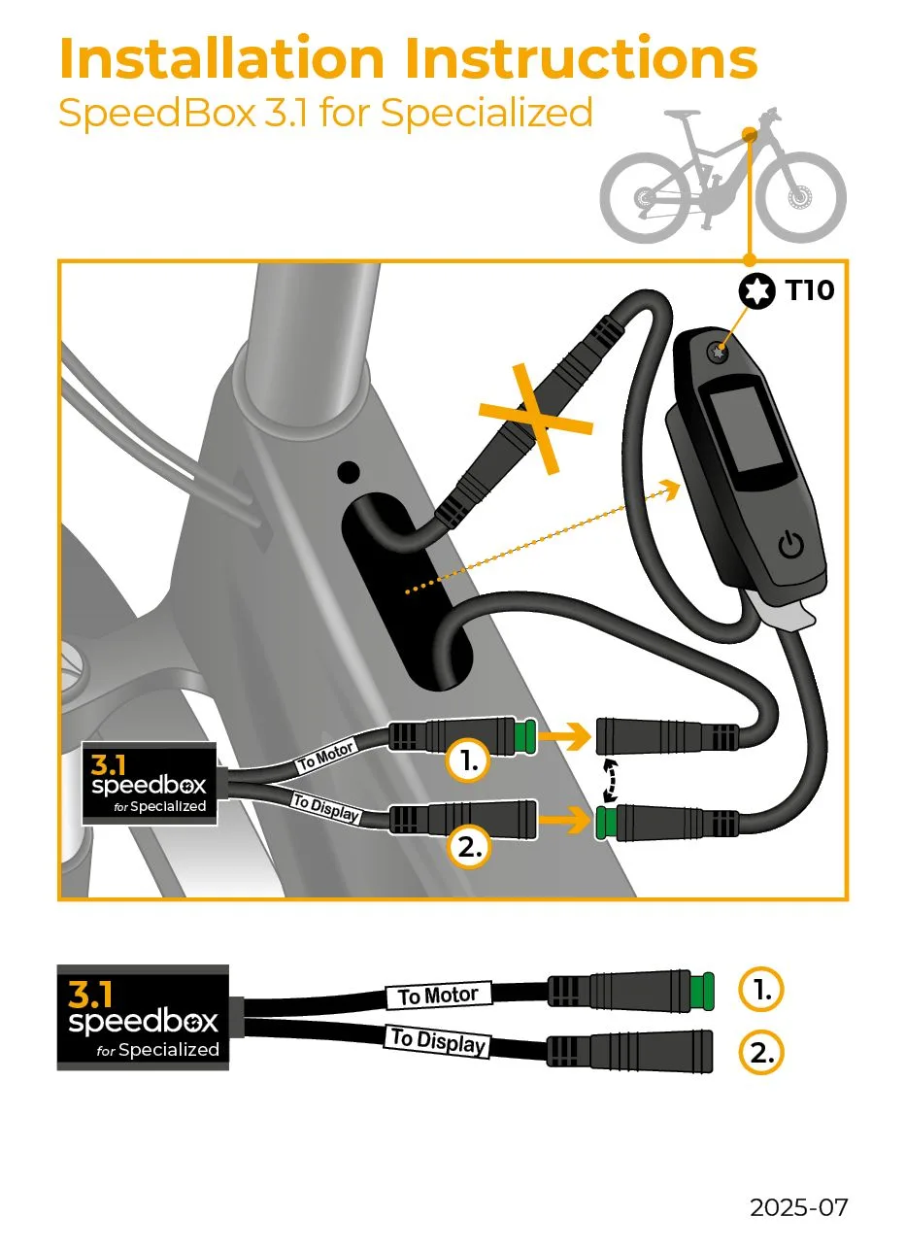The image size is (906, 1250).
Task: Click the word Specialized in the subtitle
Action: (487, 113)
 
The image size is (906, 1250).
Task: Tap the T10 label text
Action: (809, 289)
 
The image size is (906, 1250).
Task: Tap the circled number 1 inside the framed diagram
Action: (468, 762)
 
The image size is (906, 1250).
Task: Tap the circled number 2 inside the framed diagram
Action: (468, 847)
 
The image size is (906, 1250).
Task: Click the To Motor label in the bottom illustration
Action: (439, 996)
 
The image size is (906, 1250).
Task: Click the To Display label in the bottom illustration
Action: (438, 1040)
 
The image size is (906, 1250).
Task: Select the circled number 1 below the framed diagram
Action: (761, 990)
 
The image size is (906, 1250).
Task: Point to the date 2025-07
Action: (798, 1207)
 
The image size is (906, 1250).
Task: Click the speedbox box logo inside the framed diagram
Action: (149, 783)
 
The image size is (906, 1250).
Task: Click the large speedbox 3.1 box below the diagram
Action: (144, 1017)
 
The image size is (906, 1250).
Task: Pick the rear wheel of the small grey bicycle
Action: (644, 200)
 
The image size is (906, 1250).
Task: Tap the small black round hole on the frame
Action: (348, 473)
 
